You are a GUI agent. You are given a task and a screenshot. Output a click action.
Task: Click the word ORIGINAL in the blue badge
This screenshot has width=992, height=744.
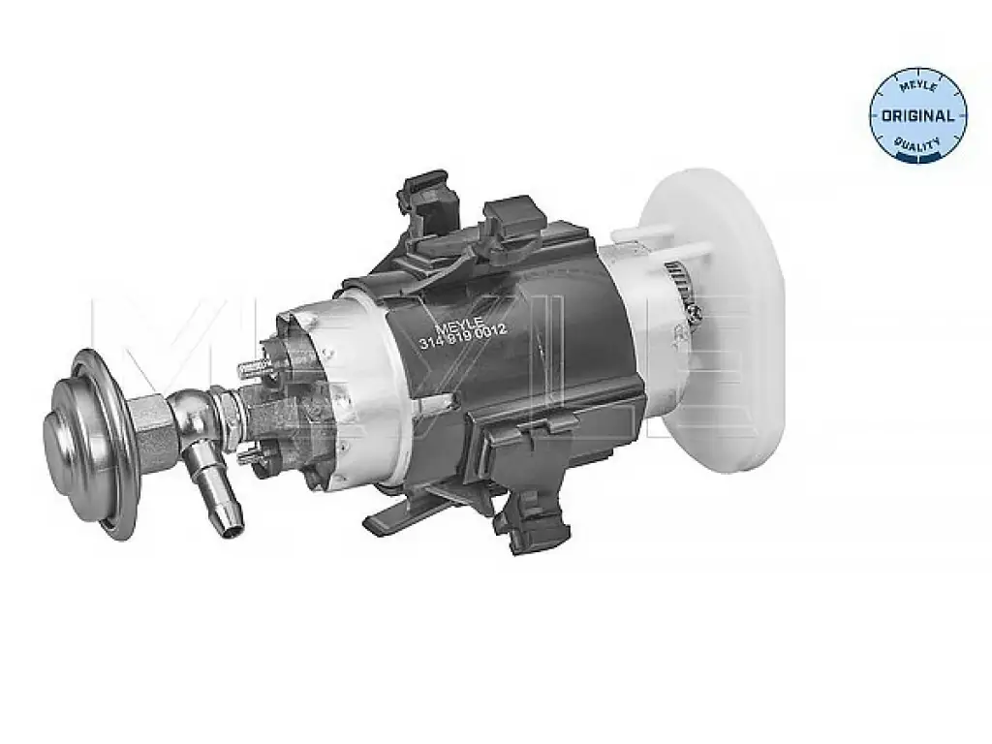click(917, 116)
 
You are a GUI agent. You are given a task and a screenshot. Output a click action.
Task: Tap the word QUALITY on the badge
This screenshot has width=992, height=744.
click(918, 145)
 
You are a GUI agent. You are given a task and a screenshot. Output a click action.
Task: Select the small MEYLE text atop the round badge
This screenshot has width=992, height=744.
click(918, 86)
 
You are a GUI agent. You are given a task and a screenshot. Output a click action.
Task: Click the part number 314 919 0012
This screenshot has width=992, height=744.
click(462, 335)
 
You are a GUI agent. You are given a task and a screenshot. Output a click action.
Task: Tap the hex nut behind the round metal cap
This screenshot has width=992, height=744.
click(154, 431)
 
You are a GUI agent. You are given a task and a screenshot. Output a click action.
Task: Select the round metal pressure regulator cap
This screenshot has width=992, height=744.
click(90, 443)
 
